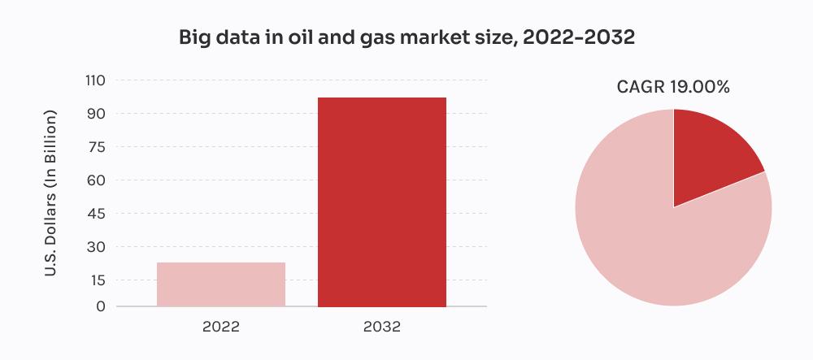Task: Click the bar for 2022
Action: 221,284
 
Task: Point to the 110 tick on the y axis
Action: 95,80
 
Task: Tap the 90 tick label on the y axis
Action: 97,114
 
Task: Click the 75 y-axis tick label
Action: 97,147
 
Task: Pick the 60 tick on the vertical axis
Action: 97,180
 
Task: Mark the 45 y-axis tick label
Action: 97,214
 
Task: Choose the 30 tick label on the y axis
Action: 97,247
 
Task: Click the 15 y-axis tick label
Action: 97,280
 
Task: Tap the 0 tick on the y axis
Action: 101,306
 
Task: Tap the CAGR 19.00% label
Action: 673,87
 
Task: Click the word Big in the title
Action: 194,38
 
